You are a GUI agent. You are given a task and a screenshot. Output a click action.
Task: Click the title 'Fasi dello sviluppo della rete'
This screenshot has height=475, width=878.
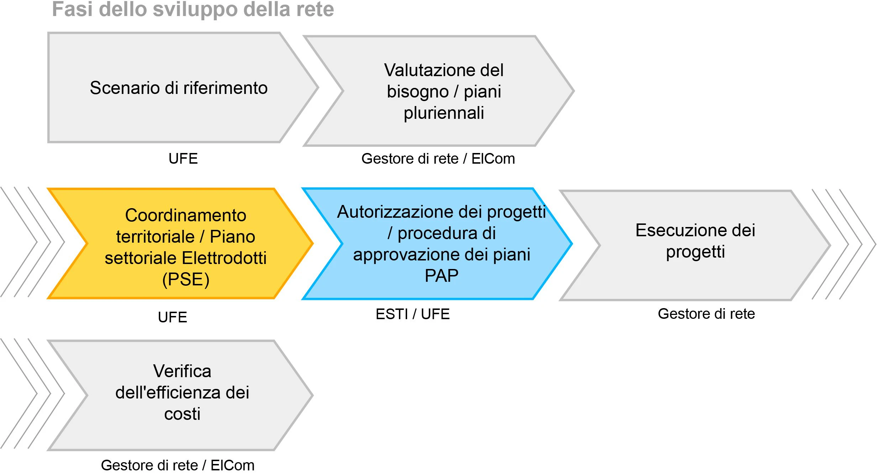tap(193, 9)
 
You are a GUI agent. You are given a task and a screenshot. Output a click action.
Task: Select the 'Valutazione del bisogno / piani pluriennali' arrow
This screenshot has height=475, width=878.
tap(439, 91)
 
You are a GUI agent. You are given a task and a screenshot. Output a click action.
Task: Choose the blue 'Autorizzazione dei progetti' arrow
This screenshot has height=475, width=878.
tap(437, 244)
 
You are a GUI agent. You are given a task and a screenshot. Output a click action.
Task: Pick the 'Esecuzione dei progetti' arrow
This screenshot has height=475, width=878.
tap(695, 245)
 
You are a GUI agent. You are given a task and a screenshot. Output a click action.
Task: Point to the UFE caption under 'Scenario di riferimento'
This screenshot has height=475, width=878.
tap(183, 159)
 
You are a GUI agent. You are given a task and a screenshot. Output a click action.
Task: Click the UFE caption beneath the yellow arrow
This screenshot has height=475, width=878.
tap(172, 317)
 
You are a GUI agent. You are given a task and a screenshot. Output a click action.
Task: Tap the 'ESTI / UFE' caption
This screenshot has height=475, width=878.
tap(412, 314)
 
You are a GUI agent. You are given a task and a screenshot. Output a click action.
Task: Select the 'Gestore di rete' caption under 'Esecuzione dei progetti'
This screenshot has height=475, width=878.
tap(706, 314)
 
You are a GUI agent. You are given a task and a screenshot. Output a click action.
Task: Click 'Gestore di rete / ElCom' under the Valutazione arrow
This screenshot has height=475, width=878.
tap(438, 159)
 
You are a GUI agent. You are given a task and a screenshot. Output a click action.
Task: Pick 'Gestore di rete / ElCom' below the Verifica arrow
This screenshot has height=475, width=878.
tap(178, 465)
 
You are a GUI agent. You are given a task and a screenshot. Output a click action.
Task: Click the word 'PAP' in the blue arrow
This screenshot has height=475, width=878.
tap(442, 276)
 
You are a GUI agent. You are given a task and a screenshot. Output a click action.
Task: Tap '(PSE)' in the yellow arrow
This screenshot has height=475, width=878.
tap(186, 279)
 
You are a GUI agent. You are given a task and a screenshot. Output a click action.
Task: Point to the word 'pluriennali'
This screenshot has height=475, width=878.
tap(444, 113)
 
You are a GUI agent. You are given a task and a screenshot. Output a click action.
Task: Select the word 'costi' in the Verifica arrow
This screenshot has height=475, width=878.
tap(182, 414)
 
